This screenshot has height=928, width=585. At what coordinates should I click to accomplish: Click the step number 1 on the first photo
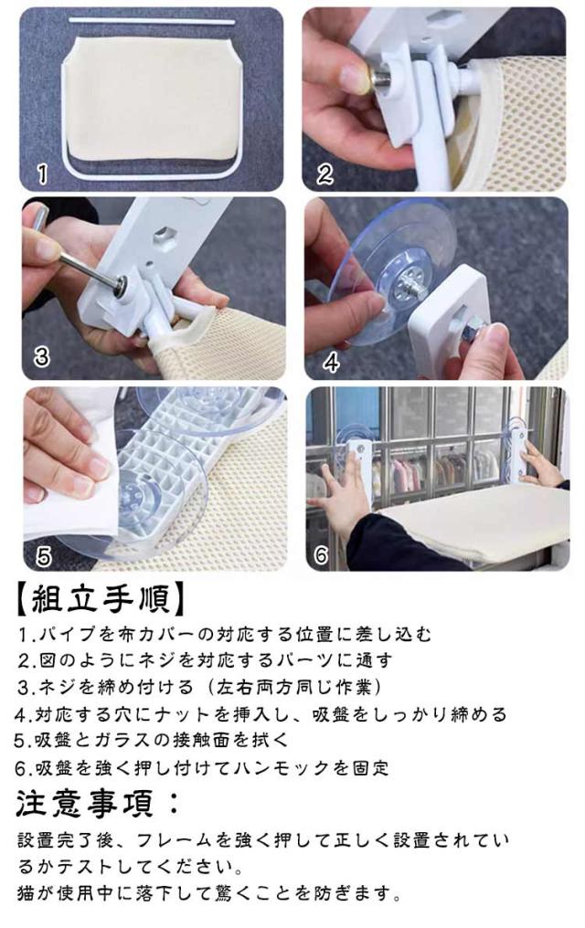(43, 175)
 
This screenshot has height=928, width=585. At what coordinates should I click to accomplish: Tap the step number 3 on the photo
(41, 357)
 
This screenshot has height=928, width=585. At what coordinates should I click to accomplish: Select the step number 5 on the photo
(44, 555)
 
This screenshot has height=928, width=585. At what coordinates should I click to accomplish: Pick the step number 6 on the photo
(322, 554)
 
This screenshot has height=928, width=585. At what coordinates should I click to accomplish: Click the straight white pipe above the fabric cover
(152, 21)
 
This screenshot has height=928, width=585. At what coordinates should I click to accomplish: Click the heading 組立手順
(101, 599)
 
